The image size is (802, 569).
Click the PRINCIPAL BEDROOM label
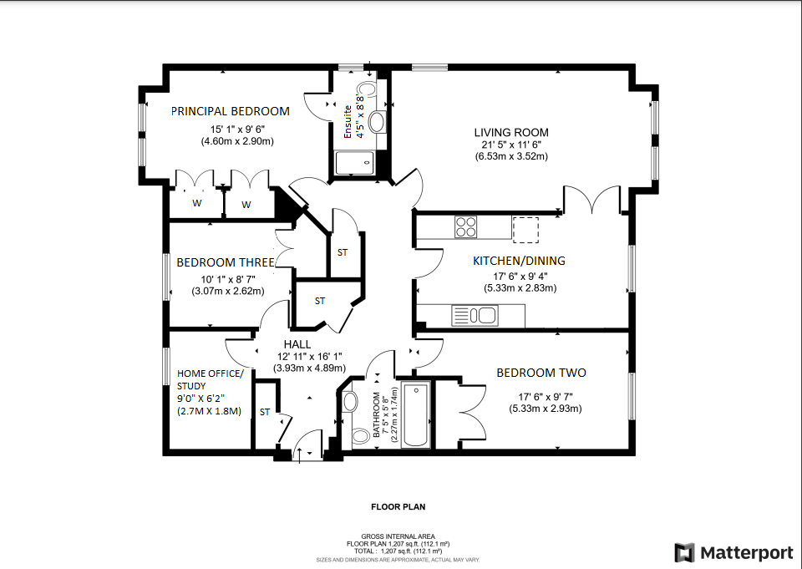click(x=231, y=111)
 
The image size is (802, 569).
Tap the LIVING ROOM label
click(x=511, y=132)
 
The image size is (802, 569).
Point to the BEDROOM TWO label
click(x=541, y=373)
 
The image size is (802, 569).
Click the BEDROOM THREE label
click(x=225, y=262)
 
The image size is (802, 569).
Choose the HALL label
click(x=297, y=343)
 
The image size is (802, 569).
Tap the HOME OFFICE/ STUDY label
click(x=210, y=379)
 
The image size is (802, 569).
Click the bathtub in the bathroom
click(x=415, y=414)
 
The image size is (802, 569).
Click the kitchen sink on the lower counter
click(x=474, y=316)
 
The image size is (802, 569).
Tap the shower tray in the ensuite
click(x=355, y=164)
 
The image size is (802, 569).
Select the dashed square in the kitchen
click(x=525, y=228)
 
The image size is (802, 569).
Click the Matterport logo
click(x=733, y=552)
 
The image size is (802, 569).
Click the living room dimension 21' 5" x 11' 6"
click(x=511, y=145)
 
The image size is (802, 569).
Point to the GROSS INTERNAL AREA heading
click(x=398, y=536)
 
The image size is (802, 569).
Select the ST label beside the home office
click(x=265, y=412)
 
